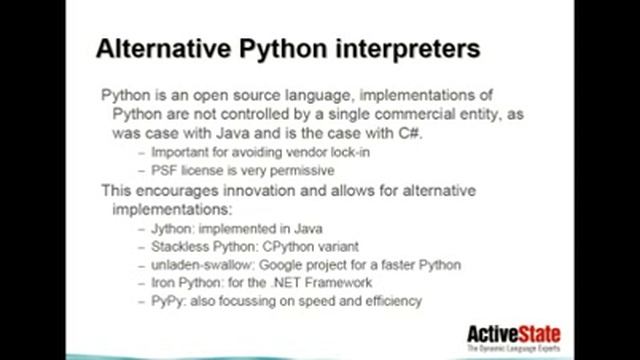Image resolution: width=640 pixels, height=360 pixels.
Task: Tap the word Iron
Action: (165, 283)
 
